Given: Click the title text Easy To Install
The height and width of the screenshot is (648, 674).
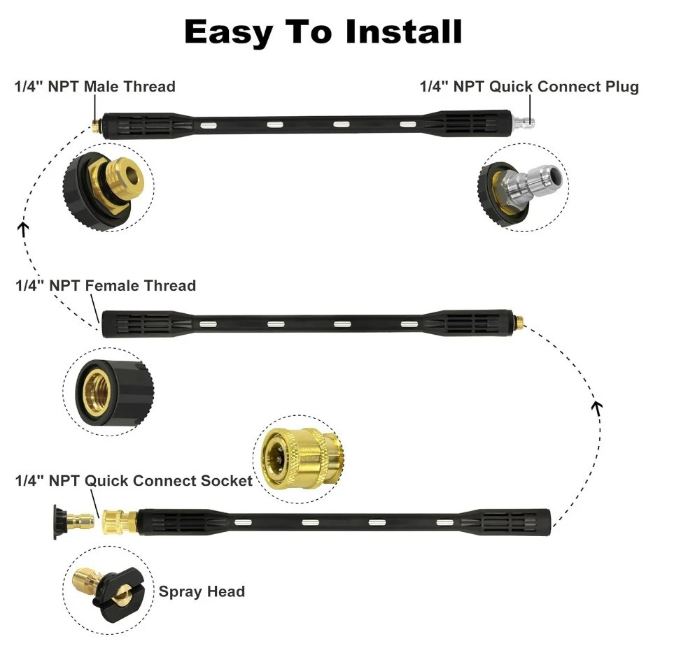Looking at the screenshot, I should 323,32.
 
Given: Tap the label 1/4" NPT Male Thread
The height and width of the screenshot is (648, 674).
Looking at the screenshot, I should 95,87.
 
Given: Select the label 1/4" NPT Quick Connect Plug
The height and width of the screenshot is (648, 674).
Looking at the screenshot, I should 529,87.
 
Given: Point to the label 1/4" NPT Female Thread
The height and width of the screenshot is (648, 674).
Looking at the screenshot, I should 106,285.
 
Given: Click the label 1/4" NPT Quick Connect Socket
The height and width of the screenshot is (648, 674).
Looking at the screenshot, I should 134,480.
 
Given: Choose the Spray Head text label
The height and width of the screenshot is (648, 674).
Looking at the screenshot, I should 202,591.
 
